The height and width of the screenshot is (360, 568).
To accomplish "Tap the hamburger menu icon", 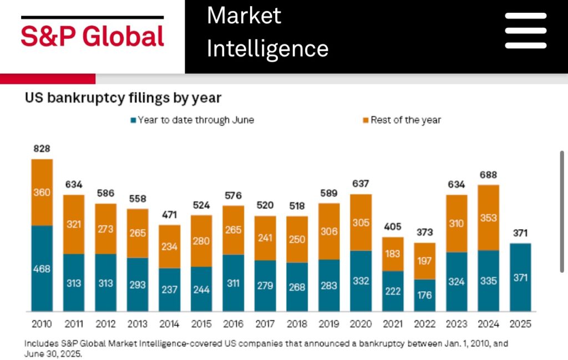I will click(x=525, y=31).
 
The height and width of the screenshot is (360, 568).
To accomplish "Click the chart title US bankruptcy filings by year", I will click(x=123, y=98).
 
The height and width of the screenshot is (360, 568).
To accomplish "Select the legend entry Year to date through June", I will click(x=192, y=120).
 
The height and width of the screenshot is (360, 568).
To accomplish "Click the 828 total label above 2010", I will click(x=42, y=149).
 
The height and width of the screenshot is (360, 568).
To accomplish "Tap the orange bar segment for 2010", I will click(x=42, y=192).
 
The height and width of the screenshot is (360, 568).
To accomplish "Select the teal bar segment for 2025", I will click(x=520, y=277).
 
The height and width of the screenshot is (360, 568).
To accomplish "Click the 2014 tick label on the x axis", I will click(x=170, y=324).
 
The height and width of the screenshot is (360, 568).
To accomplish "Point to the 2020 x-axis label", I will click(x=361, y=324).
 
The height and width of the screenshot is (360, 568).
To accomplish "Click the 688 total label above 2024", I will click(x=488, y=175).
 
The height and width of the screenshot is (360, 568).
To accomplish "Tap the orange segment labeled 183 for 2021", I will click(x=393, y=254).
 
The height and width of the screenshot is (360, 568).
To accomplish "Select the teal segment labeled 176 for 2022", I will click(x=424, y=295).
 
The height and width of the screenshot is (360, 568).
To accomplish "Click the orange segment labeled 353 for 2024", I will click(x=488, y=217).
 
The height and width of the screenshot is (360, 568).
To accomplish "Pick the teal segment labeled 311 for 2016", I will click(x=233, y=283).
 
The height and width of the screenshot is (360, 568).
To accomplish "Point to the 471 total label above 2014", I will click(x=170, y=215).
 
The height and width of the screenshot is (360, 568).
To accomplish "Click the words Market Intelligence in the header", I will click(x=267, y=32).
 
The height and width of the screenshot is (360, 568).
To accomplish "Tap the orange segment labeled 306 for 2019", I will click(x=329, y=231).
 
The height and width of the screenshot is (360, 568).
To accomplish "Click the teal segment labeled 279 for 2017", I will click(x=265, y=286).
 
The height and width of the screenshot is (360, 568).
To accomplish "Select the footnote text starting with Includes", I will click(x=266, y=348).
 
